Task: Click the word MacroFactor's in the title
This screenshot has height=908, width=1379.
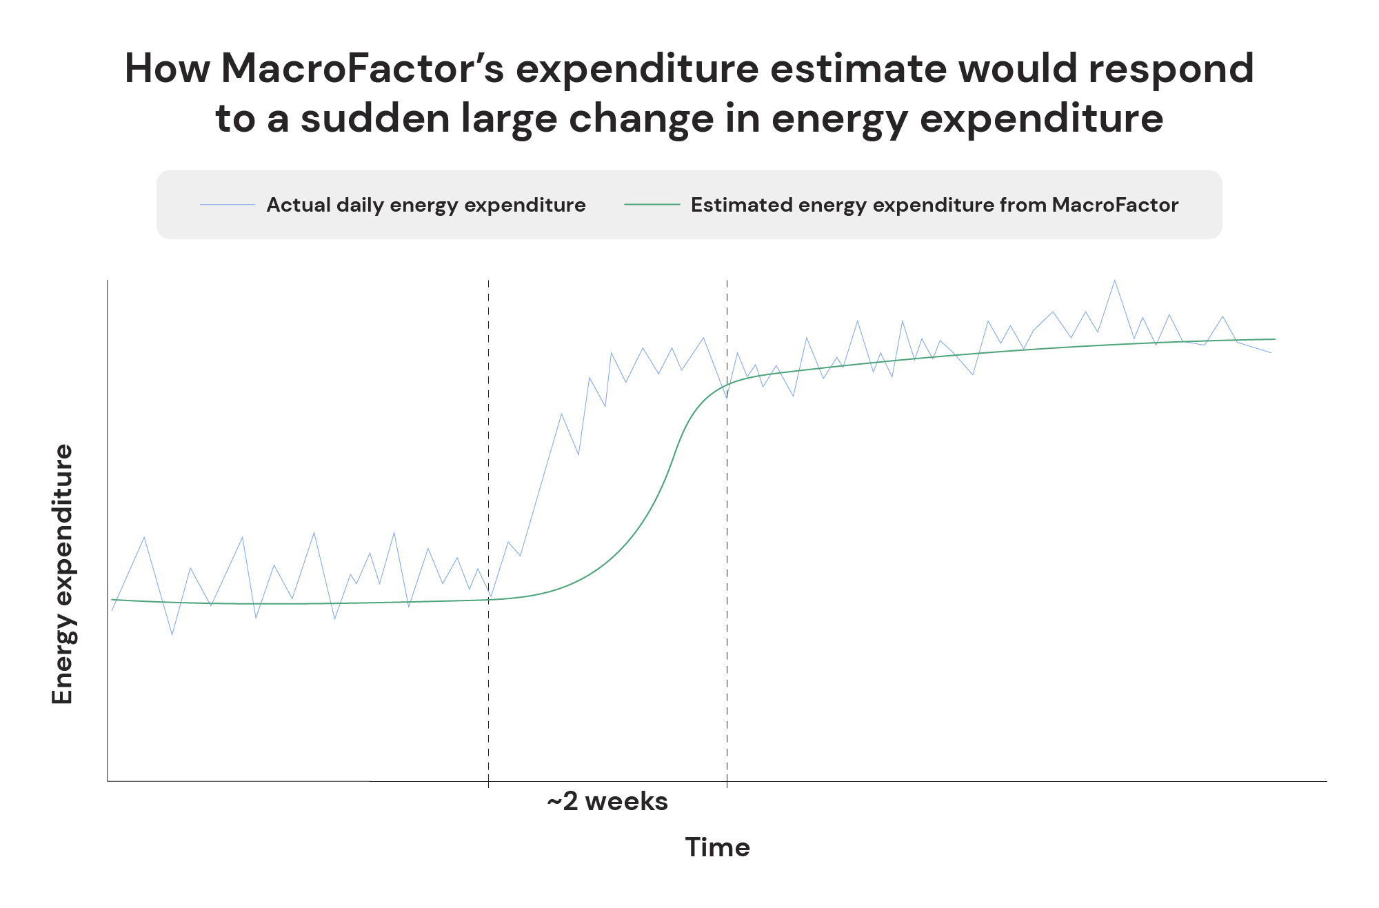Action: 362,69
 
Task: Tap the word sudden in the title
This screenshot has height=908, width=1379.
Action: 375,119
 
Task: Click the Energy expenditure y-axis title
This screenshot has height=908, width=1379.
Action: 63,574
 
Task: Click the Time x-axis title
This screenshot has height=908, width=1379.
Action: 717,847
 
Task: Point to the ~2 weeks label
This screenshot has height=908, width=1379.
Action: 607,802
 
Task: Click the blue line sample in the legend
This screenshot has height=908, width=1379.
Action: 227,205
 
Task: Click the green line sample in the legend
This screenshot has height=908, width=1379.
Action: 652,205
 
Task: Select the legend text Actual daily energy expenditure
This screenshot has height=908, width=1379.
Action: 425,205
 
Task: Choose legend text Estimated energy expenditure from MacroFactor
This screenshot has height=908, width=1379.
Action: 934,205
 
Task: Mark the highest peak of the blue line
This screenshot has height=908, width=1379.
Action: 1115,280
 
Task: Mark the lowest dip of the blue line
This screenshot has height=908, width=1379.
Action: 172,634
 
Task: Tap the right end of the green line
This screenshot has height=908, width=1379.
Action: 1275,339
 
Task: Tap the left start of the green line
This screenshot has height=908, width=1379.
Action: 112,600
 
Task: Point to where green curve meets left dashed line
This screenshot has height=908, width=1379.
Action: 488,600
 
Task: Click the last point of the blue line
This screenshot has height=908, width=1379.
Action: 1271,353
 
